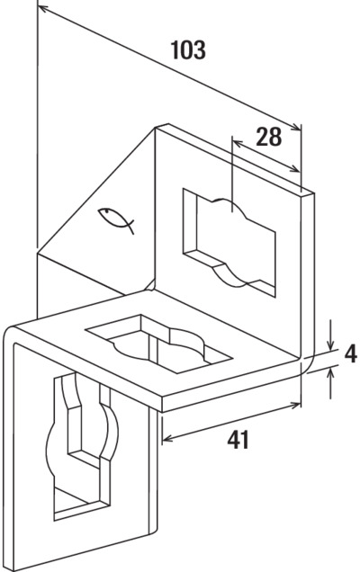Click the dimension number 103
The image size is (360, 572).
188,50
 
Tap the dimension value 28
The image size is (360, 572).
269,137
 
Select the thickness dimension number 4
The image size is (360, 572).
350,353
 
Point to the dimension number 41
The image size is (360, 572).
238,440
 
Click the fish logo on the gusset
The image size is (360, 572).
116,219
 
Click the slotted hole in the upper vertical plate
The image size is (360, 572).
229,242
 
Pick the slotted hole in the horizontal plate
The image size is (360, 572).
158,344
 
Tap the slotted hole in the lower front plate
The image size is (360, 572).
82,446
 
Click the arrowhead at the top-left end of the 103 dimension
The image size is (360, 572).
44,9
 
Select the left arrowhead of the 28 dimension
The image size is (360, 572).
238,143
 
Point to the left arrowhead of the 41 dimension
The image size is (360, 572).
168,438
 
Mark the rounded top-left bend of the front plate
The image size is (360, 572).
11,332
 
